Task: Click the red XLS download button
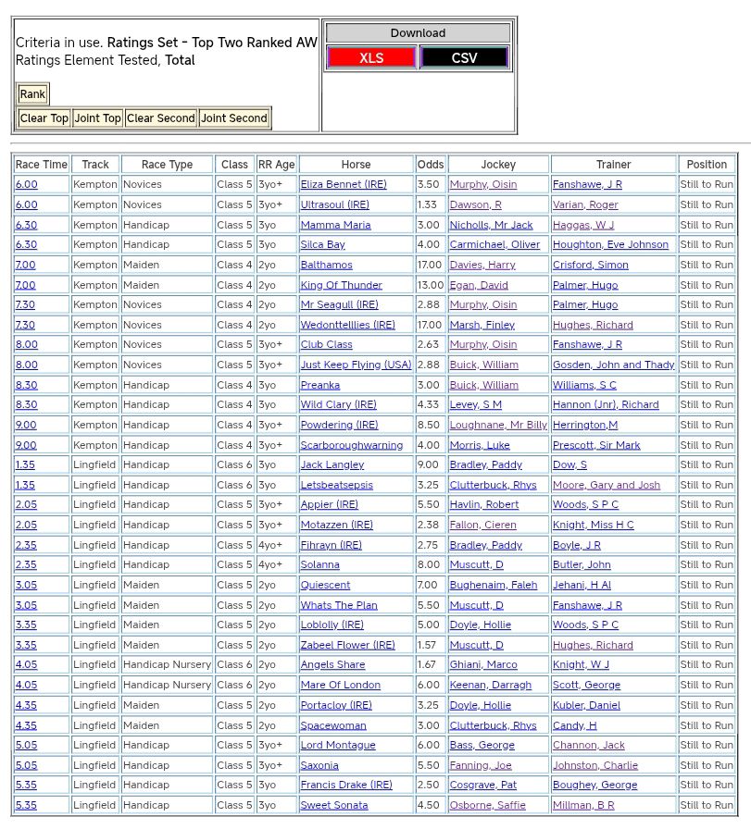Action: click(371, 57)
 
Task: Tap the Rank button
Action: click(32, 93)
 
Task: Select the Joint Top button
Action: click(98, 118)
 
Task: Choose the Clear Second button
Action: click(161, 118)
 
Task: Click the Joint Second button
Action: click(234, 118)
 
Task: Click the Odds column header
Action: click(431, 165)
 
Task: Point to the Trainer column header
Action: click(613, 165)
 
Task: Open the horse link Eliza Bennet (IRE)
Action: click(344, 184)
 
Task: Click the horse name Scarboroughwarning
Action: click(351, 445)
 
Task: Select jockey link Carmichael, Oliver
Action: click(494, 244)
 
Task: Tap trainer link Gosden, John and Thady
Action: click(613, 365)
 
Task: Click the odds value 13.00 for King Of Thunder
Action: click(431, 285)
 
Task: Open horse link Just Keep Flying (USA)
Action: click(356, 365)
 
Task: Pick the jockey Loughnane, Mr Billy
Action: click(498, 425)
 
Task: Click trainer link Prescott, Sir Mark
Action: click(596, 445)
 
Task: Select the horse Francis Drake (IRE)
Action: click(345, 785)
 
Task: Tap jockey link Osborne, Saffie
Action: click(486, 805)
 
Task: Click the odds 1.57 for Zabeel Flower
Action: click(427, 645)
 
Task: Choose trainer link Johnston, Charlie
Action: click(595, 765)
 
